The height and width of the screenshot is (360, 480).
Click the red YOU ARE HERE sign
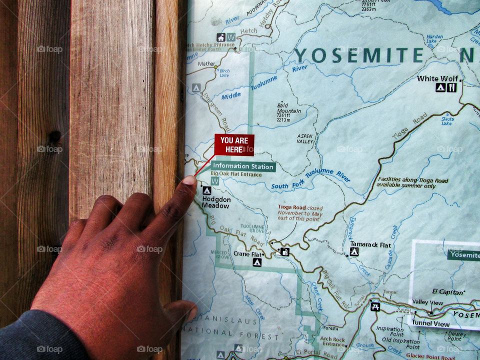(x=234, y=144)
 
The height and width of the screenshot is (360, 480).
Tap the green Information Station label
(x=243, y=166)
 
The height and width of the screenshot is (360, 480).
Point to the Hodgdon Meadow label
(x=216, y=202)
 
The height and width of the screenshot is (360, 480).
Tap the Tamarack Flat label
(x=370, y=244)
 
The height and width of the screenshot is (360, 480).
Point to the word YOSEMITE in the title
(x=358, y=55)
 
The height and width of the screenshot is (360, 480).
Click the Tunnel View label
(x=431, y=323)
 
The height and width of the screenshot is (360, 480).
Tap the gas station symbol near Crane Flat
(x=284, y=251)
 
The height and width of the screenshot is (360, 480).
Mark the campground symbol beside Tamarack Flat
(x=354, y=252)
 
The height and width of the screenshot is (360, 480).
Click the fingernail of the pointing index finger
(x=189, y=180)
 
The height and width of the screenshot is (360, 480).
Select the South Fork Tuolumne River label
(x=310, y=180)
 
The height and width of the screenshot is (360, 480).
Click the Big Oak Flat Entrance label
(x=236, y=174)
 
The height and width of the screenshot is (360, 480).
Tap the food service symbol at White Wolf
(x=451, y=87)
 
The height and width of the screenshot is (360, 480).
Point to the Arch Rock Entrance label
(x=333, y=341)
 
